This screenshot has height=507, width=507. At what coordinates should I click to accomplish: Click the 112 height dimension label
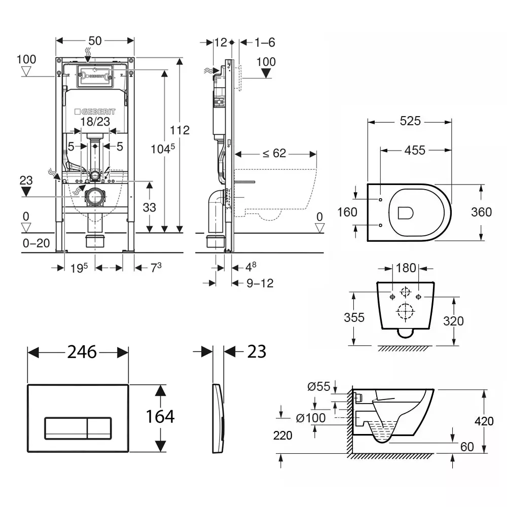179,130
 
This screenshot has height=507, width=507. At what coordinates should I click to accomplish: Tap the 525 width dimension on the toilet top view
410,121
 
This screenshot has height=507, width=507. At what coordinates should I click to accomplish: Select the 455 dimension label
415,150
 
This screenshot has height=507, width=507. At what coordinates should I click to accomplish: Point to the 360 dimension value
481,212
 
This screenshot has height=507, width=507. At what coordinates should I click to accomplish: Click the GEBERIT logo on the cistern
95,112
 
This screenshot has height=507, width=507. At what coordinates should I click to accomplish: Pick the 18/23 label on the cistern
95,122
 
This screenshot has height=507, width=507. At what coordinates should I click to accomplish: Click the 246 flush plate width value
82,351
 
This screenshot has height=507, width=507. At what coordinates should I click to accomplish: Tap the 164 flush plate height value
160,416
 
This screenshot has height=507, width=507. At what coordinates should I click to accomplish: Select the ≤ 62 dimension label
274,153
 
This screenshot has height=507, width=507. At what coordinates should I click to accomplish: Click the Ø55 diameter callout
319,387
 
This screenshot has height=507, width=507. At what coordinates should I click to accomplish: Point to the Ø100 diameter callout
310,418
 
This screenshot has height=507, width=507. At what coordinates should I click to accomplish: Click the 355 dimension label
354,317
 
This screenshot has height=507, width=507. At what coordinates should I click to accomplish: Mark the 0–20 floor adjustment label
37,243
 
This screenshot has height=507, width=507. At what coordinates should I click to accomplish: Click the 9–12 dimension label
260,283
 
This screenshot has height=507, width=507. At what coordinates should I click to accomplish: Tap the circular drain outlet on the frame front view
95,196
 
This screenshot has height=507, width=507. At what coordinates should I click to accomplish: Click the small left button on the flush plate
66,428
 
